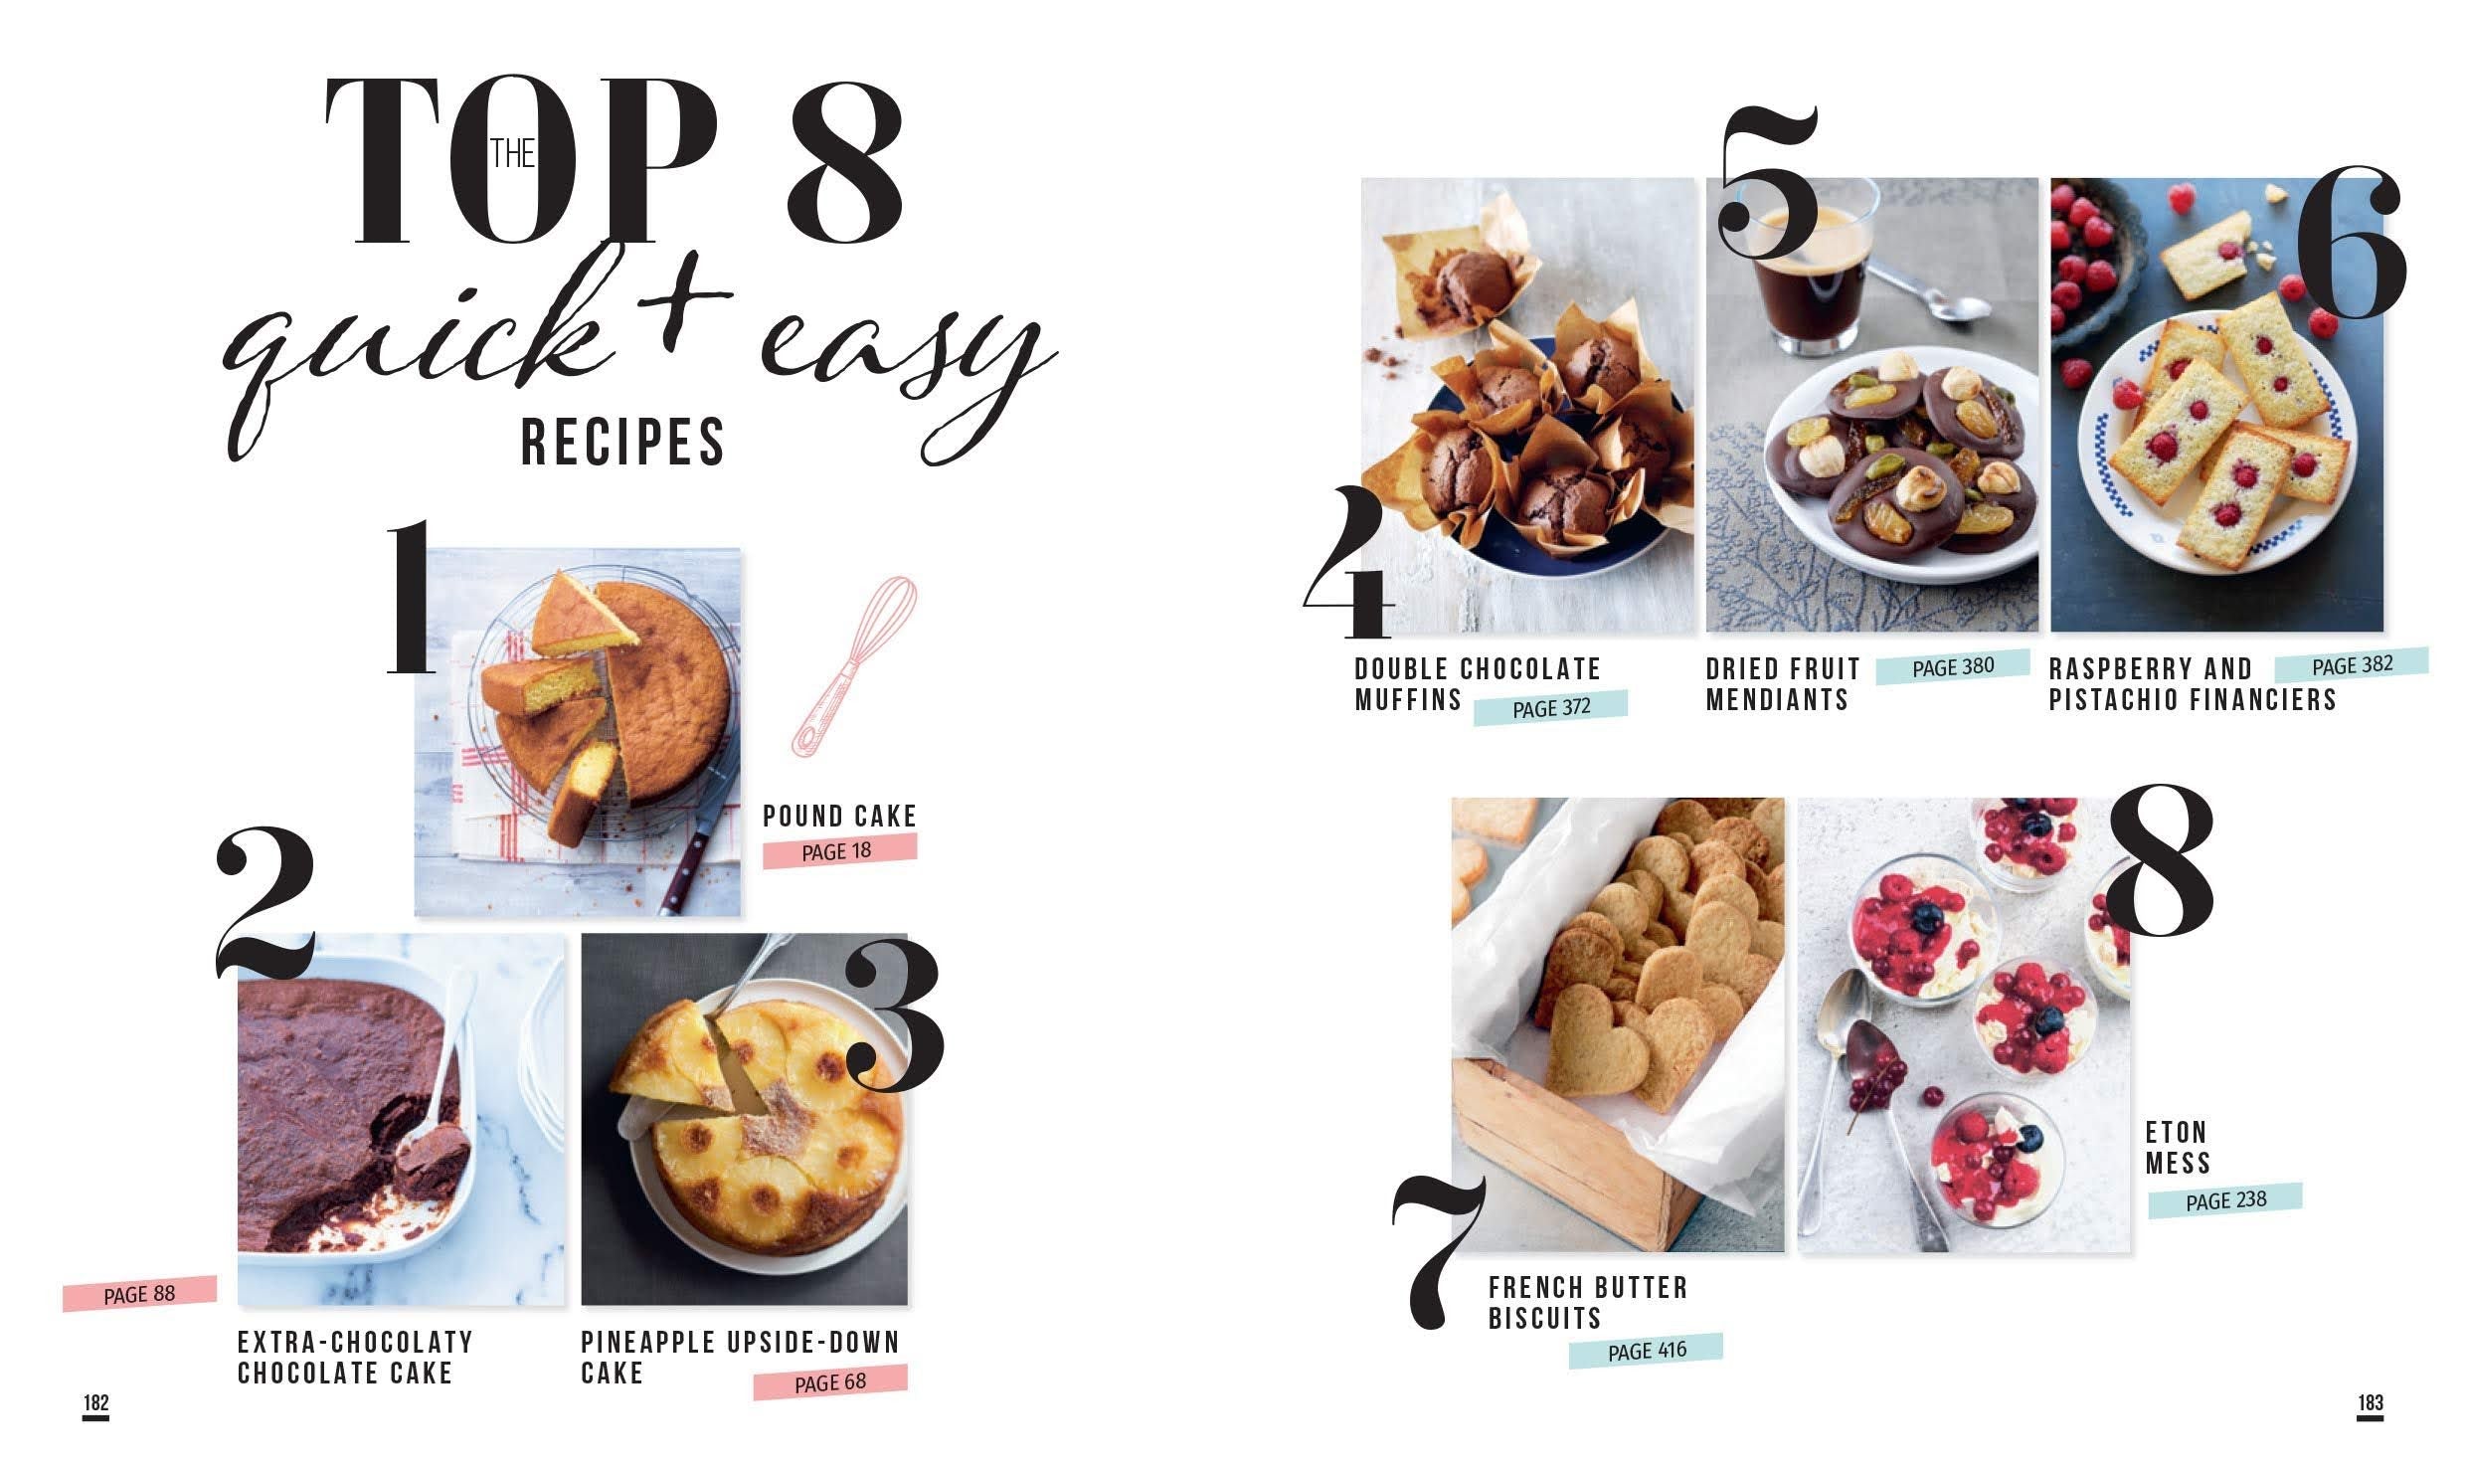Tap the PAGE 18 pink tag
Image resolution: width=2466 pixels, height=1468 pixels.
click(839, 851)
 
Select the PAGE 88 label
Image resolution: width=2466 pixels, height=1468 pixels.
click(139, 1294)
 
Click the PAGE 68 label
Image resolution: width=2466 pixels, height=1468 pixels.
click(830, 1382)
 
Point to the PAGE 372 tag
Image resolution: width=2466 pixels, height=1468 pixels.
click(1550, 707)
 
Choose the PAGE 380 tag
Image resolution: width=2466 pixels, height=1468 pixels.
click(1953, 667)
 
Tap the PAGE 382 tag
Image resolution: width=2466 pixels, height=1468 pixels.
click(2352, 665)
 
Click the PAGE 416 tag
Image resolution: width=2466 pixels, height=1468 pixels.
click(1646, 1351)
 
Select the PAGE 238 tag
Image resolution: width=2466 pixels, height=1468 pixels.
click(2225, 1200)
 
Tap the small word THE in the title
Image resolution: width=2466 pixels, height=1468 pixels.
click(513, 154)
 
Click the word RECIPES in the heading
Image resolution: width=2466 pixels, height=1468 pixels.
click(623, 443)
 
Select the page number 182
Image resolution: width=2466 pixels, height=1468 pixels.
click(95, 1403)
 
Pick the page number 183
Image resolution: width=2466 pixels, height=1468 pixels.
click(2371, 1403)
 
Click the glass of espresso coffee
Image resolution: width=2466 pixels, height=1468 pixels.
click(1812, 269)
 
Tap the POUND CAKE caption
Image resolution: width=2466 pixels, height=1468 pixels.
click(839, 817)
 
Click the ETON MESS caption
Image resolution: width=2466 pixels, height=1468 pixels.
click(2178, 1148)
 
